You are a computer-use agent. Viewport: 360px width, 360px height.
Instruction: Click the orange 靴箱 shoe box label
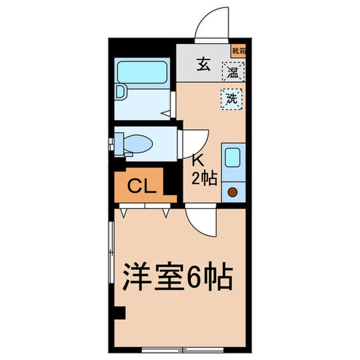coord(238,50)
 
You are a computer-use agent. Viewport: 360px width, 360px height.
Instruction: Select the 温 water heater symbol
coord(233,71)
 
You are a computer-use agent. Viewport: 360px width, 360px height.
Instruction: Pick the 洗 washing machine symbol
coord(232,98)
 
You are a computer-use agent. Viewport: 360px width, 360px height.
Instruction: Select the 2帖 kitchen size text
coord(204,178)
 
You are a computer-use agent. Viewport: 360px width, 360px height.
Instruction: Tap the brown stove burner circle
coord(232,193)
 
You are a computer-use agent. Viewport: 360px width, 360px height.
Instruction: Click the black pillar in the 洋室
coord(119,312)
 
